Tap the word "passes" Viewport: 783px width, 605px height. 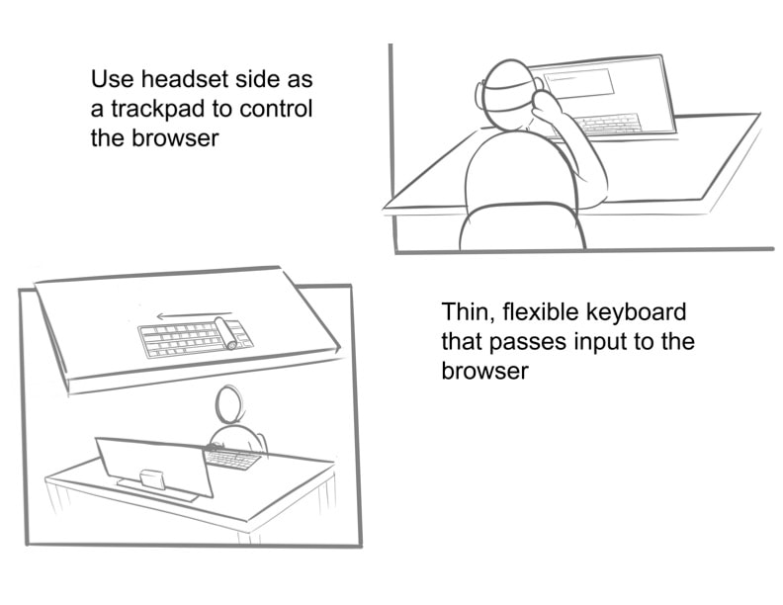(527, 343)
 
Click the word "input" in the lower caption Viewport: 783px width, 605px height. (598, 343)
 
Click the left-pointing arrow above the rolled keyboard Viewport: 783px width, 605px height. (194, 315)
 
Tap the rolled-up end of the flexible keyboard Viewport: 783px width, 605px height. (225, 332)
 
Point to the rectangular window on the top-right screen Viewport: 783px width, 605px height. (578, 82)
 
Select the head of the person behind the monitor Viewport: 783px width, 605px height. (229, 404)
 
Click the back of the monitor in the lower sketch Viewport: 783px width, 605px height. (155, 467)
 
